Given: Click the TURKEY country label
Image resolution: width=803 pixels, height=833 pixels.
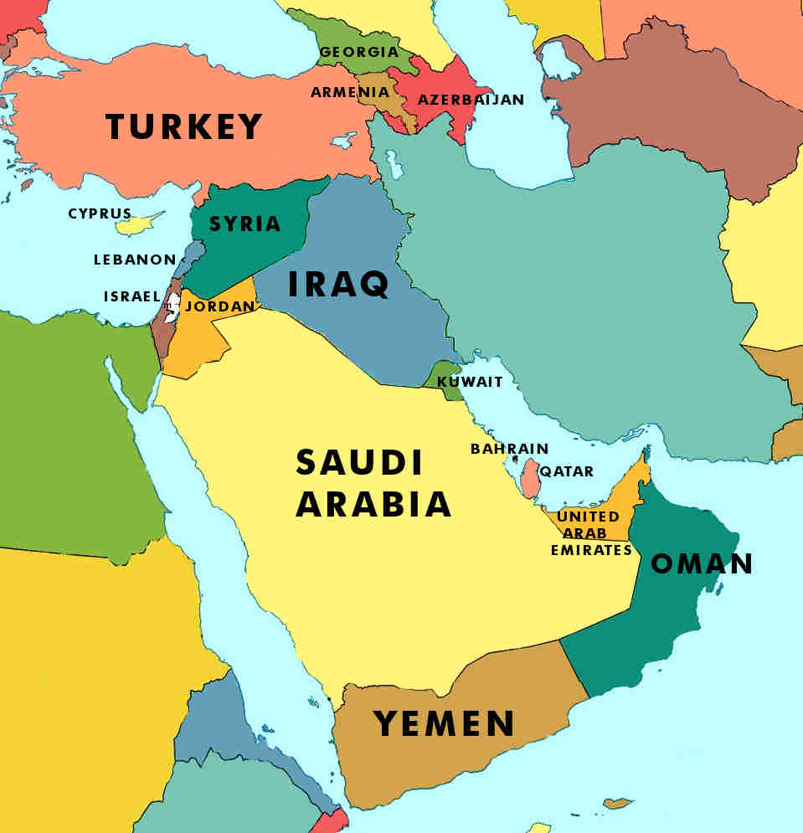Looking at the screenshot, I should click(184, 127).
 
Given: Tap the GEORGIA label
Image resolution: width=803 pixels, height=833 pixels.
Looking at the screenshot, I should click(358, 52).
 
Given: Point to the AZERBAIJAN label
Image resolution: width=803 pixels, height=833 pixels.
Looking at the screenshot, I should click(471, 100).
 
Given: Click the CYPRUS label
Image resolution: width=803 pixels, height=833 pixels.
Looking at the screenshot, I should click(100, 213).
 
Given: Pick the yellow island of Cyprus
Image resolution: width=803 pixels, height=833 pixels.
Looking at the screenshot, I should click(138, 224).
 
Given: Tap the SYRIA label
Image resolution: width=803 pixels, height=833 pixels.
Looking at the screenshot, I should click(245, 224).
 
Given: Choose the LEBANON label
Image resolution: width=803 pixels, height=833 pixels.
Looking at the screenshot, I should click(135, 260).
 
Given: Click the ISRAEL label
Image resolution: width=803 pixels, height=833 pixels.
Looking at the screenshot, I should click(131, 296).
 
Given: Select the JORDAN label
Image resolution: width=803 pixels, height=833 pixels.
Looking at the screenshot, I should click(219, 306).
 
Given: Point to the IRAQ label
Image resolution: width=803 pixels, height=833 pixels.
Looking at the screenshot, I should click(338, 285).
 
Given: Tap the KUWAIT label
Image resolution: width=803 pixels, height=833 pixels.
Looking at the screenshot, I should click(470, 382).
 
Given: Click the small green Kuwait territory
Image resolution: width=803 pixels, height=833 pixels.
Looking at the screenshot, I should click(442, 374).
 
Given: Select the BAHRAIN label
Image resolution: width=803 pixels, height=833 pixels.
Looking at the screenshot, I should click(509, 449).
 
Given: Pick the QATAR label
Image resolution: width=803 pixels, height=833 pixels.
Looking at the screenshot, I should click(567, 471).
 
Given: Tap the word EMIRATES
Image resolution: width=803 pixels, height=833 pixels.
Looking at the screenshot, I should click(591, 550).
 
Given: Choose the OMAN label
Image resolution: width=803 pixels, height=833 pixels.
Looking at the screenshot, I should click(702, 563).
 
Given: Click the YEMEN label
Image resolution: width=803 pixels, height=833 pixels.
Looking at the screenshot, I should click(444, 722).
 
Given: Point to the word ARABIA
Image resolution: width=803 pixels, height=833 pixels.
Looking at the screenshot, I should click(373, 504).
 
